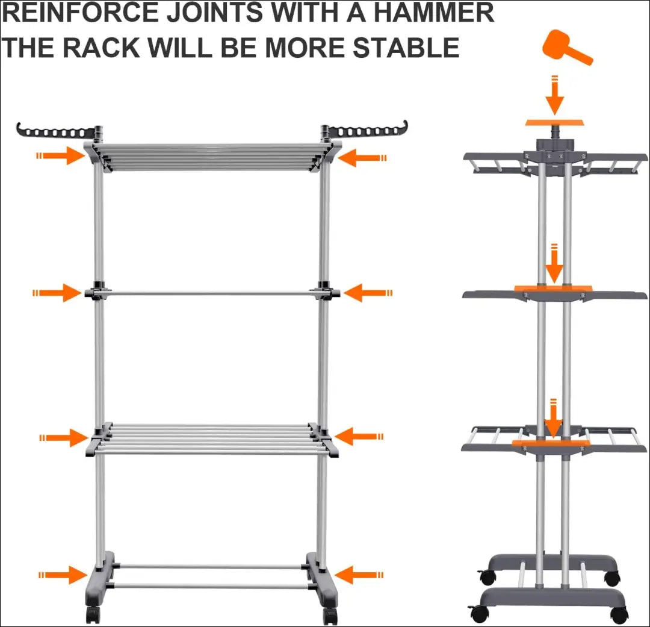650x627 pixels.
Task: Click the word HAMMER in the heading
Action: coord(433,13)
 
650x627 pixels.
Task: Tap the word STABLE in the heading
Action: coord(406,48)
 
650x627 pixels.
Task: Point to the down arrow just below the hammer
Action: coord(555,95)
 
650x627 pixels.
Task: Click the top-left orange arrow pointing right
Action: coord(61,156)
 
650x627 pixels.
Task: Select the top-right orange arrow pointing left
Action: coord(362,158)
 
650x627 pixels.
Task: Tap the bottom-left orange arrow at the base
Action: coord(63,575)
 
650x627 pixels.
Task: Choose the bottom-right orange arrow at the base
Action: coord(359,575)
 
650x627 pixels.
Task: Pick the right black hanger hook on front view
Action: coord(364,130)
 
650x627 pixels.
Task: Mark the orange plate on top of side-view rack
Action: coord(554,122)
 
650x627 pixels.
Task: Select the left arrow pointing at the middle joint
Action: coord(57,293)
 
